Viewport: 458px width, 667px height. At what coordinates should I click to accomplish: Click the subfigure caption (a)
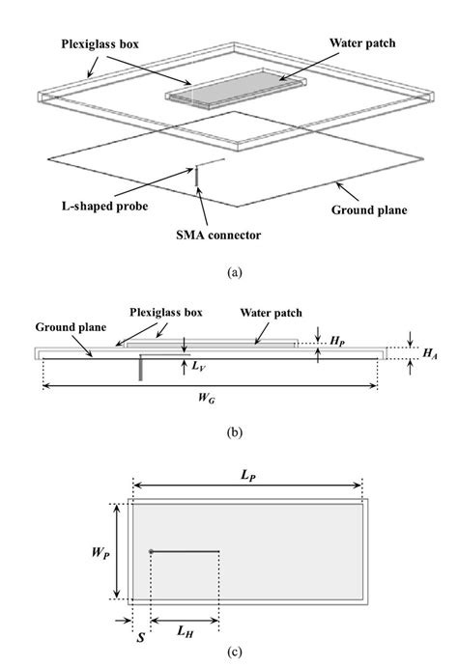(x=233, y=273)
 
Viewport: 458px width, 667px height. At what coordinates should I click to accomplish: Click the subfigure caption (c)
(x=233, y=652)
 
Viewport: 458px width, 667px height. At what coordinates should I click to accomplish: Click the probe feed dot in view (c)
(x=152, y=552)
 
